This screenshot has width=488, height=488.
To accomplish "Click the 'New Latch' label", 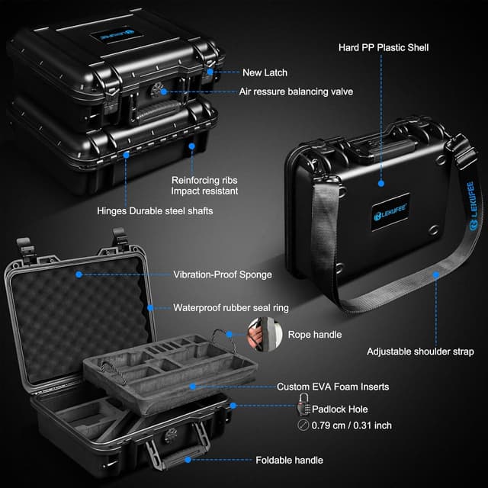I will click(265, 73).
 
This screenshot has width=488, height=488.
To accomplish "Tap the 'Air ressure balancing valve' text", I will click(297, 91).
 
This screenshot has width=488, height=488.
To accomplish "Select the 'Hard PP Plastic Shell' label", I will click(384, 47).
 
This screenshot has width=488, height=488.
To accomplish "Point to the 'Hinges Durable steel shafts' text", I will click(155, 210).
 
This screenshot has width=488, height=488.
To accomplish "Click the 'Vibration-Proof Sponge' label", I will click(221, 274).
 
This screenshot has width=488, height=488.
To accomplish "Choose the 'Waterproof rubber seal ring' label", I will click(231, 307).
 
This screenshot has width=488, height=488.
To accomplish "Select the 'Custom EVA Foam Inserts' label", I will click(332, 387).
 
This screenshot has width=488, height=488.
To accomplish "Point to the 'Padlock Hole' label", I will click(340, 409).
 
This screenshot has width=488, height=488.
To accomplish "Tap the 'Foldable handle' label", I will click(289, 460).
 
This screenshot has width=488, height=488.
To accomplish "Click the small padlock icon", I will click(302, 406).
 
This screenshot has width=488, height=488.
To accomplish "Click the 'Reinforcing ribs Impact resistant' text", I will click(204, 185).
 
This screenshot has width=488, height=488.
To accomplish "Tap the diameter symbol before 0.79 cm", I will click(303, 426).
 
